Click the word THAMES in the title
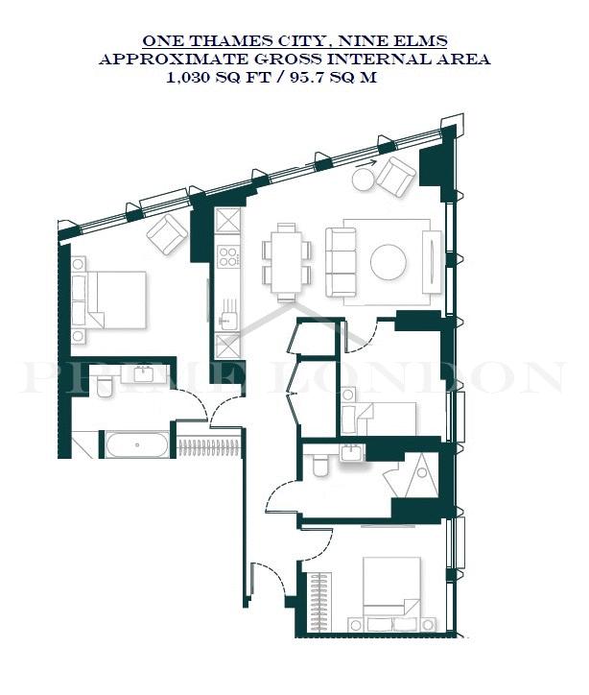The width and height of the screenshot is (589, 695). tap(227, 40)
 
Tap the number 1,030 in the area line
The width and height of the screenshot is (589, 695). tap(188, 78)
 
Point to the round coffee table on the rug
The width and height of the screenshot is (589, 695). tap(389, 262)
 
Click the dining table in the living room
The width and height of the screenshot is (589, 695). tap(286, 262)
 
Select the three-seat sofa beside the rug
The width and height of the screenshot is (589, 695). tap(341, 262)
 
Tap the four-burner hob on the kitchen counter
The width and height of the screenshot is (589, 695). tap(228, 256)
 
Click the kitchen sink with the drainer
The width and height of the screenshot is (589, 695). tap(228, 314)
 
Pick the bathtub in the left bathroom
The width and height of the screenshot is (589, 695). tap(137, 444)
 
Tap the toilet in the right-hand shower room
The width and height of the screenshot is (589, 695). tap(319, 465)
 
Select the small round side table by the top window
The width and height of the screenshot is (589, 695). tap(364, 180)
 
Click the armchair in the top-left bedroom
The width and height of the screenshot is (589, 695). tap(167, 234)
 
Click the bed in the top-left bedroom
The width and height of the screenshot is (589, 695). tap(116, 300)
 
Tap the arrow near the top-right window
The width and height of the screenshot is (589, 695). tap(366, 162)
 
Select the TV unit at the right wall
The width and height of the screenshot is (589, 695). tap(432, 262)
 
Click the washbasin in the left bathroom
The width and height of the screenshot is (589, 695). tap(144, 374)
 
